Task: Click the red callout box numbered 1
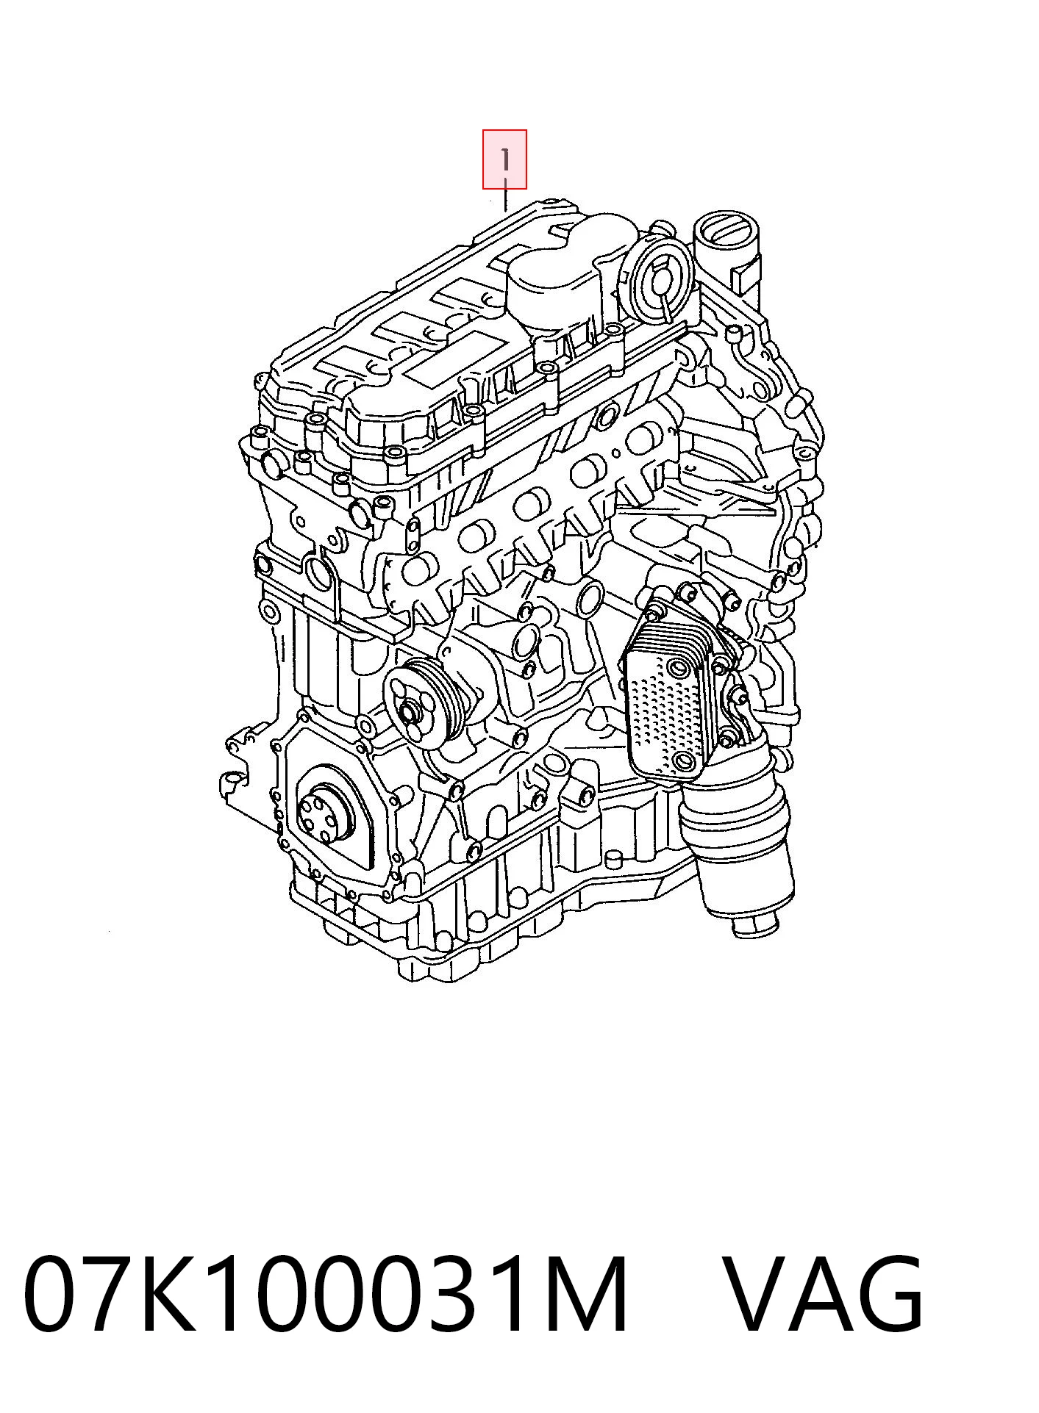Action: pos(504,159)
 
